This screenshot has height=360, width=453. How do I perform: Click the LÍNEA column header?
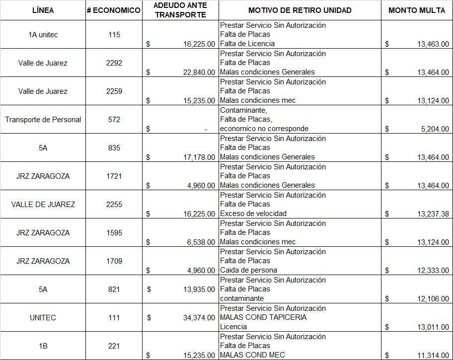point(43,10)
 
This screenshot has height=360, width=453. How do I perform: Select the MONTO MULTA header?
point(417,10)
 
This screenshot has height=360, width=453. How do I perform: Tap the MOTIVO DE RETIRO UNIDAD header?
point(300,10)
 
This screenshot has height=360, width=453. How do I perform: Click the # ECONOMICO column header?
point(114,10)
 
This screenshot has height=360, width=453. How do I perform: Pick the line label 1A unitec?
point(43,35)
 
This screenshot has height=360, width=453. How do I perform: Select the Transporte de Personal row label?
point(43,120)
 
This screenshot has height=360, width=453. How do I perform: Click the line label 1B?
point(43,346)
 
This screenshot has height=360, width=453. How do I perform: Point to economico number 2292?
point(114,63)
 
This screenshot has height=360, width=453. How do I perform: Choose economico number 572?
point(114,120)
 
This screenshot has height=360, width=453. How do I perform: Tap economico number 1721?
point(114,176)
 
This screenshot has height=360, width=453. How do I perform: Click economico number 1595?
point(114,233)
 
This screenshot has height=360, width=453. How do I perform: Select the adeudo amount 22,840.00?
point(199,72)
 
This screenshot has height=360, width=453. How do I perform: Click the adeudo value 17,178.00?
point(199,157)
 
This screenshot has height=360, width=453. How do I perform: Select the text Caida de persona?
point(248,270)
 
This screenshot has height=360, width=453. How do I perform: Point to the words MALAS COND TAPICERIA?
point(263,317)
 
